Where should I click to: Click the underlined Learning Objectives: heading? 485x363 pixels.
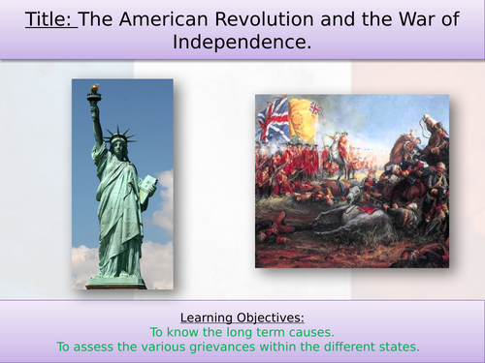click(242, 317)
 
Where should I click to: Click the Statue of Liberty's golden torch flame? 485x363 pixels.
click(94, 89)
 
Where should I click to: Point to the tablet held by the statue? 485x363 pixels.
click(146, 185)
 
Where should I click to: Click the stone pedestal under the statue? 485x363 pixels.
click(115, 282)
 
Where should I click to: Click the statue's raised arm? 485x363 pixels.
click(98, 121)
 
